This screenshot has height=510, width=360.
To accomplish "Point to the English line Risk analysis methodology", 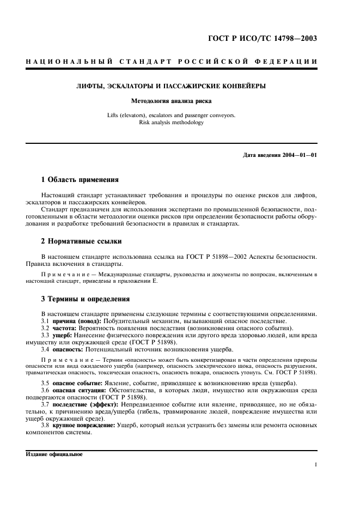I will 171,123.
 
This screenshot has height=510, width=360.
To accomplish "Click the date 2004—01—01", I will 298,155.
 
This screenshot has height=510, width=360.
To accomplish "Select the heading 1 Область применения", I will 80,179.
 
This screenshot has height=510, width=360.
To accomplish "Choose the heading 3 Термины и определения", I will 85,299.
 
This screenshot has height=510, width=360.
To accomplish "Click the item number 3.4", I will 46,350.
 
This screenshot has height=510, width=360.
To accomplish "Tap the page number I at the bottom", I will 316,465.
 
